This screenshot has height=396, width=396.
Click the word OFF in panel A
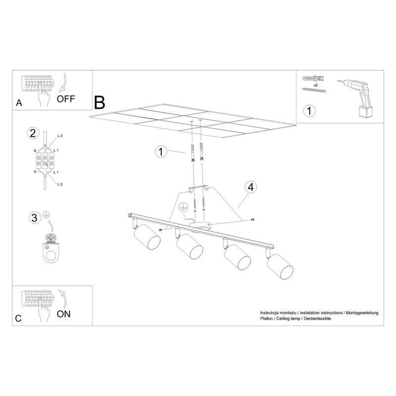[x=66, y=98]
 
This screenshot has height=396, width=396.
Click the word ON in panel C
[x=64, y=314]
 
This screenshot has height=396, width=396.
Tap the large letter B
[x=99, y=102]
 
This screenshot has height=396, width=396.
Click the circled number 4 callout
[x=251, y=187]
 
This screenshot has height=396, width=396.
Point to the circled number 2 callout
[x=33, y=133]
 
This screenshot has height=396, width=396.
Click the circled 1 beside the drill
[x=309, y=111]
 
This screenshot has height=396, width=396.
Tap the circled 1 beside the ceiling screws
[x=160, y=152]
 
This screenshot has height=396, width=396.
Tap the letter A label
[x=19, y=103]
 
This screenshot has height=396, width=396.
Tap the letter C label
[x=19, y=318]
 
